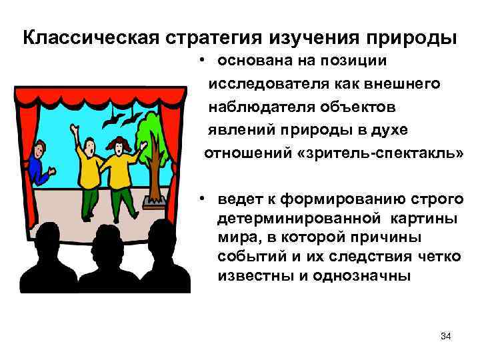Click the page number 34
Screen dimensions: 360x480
point(446,336)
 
